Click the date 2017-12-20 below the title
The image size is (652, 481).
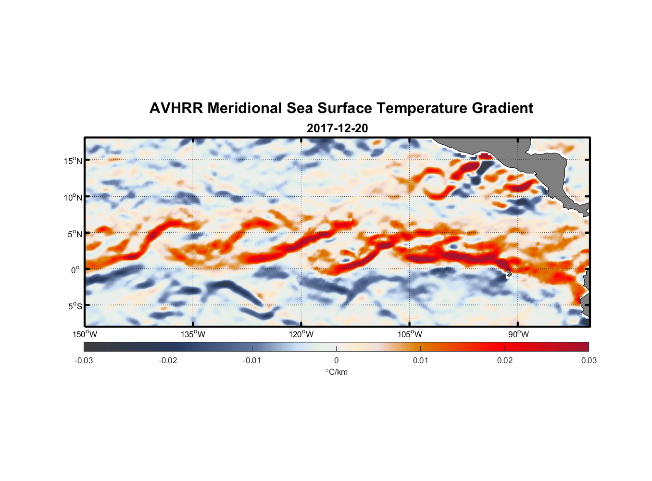pyautogui.click(x=337, y=128)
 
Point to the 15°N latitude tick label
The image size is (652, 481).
pyautogui.click(x=73, y=161)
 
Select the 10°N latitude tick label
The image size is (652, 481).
pyautogui.click(x=73, y=197)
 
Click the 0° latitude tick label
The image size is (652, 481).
pyautogui.click(x=75, y=270)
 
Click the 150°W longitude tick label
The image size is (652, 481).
pyautogui.click(x=85, y=334)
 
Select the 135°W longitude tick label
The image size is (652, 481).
pyautogui.click(x=193, y=334)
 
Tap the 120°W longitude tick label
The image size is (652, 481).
pyautogui.click(x=301, y=334)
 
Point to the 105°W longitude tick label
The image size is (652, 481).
pyautogui.click(x=410, y=334)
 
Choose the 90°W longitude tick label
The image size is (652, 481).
pyautogui.click(x=518, y=334)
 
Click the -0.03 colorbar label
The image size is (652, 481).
pyautogui.click(x=84, y=360)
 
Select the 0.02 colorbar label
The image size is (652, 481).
pyautogui.click(x=505, y=360)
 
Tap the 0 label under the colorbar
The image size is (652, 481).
pyautogui.click(x=336, y=360)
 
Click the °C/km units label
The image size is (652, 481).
pyautogui.click(x=337, y=372)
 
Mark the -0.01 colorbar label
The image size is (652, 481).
pyautogui.click(x=252, y=360)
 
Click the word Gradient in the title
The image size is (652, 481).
pyautogui.click(x=502, y=108)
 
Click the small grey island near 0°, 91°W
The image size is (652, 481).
pyautogui.click(x=508, y=272)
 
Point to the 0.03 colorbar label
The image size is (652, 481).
pyautogui.click(x=589, y=360)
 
